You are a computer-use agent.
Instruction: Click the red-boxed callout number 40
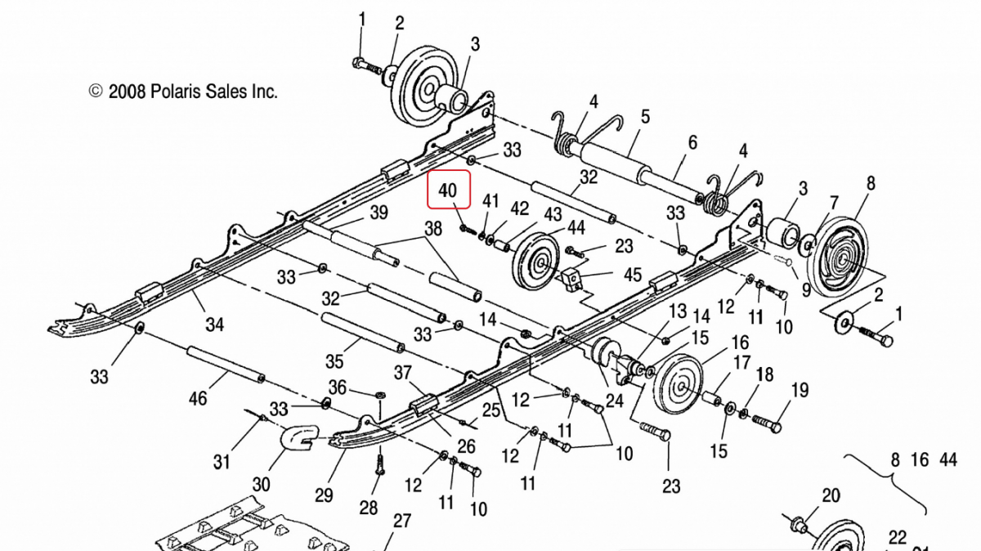pyautogui.click(x=448, y=190)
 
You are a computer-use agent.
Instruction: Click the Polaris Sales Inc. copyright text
pyautogui.click(x=183, y=92)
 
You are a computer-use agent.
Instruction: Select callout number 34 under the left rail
pyautogui.click(x=214, y=325)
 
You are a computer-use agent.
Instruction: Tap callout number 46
pyautogui.click(x=198, y=399)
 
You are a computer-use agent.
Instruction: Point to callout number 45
pyautogui.click(x=633, y=275)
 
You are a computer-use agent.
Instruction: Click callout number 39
pyautogui.click(x=379, y=213)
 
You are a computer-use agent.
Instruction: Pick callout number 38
pyautogui.click(x=433, y=229)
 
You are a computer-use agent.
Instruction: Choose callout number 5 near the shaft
pyautogui.click(x=645, y=117)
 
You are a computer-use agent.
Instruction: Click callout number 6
pyautogui.click(x=692, y=143)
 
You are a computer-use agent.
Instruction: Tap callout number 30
pyautogui.click(x=261, y=485)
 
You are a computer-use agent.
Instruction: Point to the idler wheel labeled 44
pyautogui.click(x=536, y=262)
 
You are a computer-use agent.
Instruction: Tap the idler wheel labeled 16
pyautogui.click(x=680, y=384)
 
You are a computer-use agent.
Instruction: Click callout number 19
pyautogui.click(x=800, y=390)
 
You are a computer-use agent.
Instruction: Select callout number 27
pyautogui.click(x=402, y=521)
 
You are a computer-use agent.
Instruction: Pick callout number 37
pyautogui.click(x=403, y=373)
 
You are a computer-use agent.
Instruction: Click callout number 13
pyautogui.click(x=678, y=311)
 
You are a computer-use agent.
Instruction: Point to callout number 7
pyautogui.click(x=833, y=203)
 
